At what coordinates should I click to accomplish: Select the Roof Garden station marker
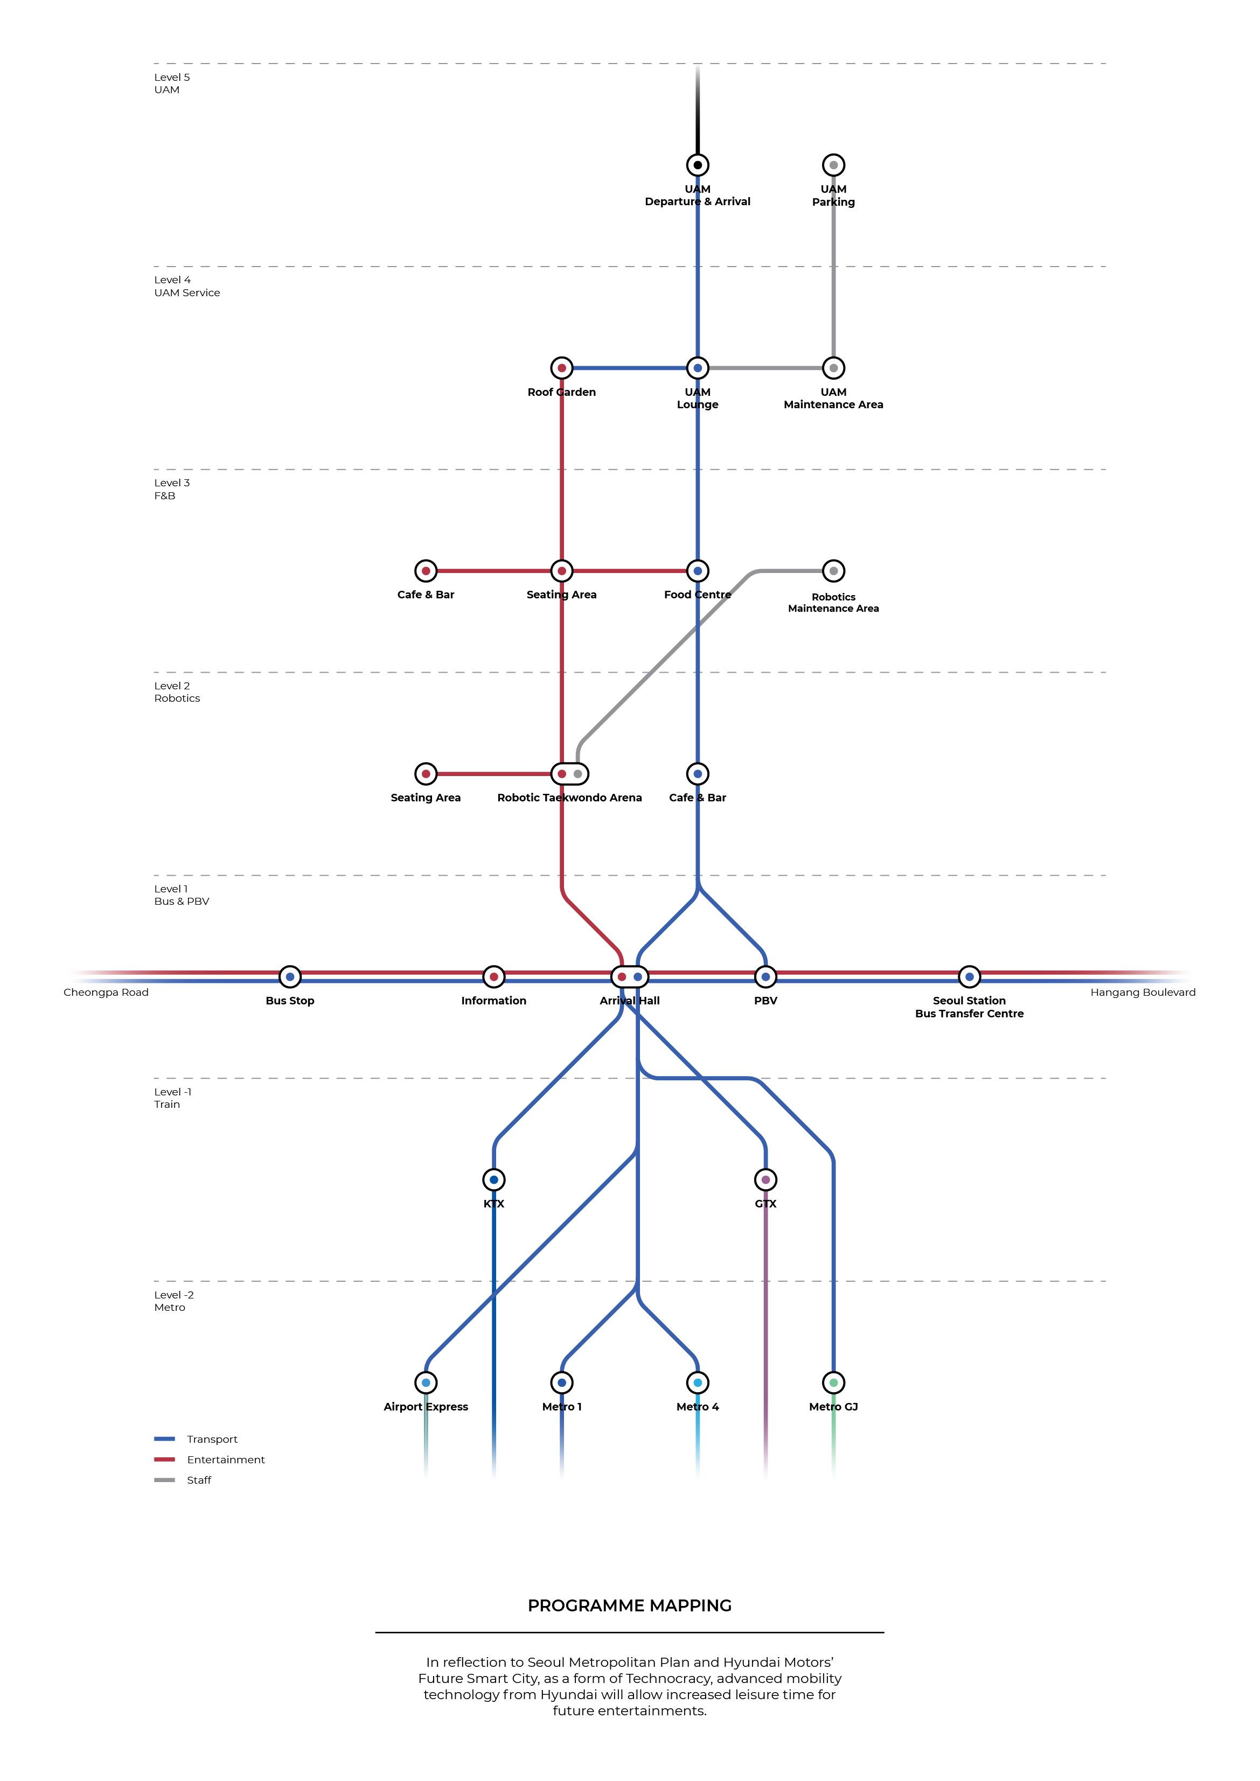pyautogui.click(x=562, y=368)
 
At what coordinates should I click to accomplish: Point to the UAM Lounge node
pyautogui.click(x=698, y=368)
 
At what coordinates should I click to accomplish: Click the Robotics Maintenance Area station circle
pyautogui.click(x=833, y=571)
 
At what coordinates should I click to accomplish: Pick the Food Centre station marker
pyautogui.click(x=698, y=571)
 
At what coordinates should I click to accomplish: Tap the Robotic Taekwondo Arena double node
pyautogui.click(x=569, y=773)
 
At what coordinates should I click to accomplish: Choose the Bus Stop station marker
pyautogui.click(x=290, y=976)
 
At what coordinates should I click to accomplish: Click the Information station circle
pyautogui.click(x=493, y=976)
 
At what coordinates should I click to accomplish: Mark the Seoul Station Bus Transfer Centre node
pyautogui.click(x=969, y=976)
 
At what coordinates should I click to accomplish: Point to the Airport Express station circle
pyautogui.click(x=426, y=1382)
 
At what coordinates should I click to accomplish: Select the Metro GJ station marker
pyautogui.click(x=833, y=1382)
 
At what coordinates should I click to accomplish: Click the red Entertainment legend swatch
pyautogui.click(x=164, y=1459)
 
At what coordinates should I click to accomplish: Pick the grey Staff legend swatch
pyautogui.click(x=164, y=1480)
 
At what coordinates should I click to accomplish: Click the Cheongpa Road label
pyautogui.click(x=106, y=992)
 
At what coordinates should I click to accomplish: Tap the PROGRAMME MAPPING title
pyautogui.click(x=629, y=1605)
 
